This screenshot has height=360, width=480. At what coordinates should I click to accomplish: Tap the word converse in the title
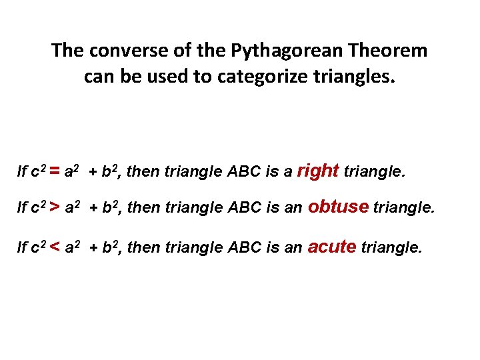(x=119, y=51)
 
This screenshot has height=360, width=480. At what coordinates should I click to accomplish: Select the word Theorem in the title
(x=389, y=51)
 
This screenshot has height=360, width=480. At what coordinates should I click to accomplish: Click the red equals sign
(x=52, y=172)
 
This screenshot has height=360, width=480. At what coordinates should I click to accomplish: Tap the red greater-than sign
(x=52, y=209)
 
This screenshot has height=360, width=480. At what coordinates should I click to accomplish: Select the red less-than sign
(x=52, y=247)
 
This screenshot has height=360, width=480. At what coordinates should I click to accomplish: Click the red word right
(x=317, y=171)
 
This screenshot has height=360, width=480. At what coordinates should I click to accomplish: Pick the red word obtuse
(x=339, y=207)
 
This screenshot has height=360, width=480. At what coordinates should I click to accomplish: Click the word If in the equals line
(x=22, y=173)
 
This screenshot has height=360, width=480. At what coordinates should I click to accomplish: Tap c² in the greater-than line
(x=39, y=209)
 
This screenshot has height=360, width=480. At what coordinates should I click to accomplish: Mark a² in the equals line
(x=72, y=171)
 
